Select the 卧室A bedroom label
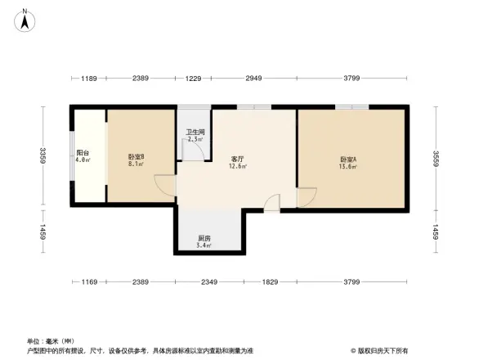[348, 159]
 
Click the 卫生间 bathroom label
[195, 132]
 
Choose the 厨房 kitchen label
[205, 237]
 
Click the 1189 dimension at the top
[89, 79]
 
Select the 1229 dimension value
[193, 79]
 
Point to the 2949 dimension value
[253, 79]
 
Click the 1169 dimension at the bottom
[89, 282]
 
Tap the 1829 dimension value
[269, 282]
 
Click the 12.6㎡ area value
[239, 166]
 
